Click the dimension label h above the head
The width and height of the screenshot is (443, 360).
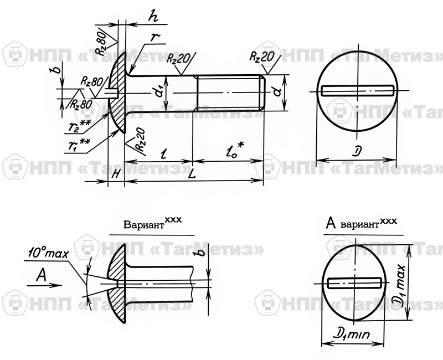coord(153,17)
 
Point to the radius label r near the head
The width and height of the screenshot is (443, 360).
coord(156,37)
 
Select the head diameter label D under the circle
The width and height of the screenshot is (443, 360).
coord(357,151)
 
